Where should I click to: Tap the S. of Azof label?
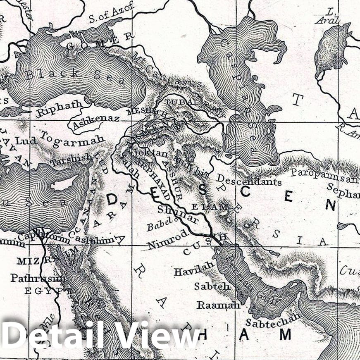[112, 12]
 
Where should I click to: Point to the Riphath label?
[60, 109]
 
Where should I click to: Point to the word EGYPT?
[45, 291]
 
